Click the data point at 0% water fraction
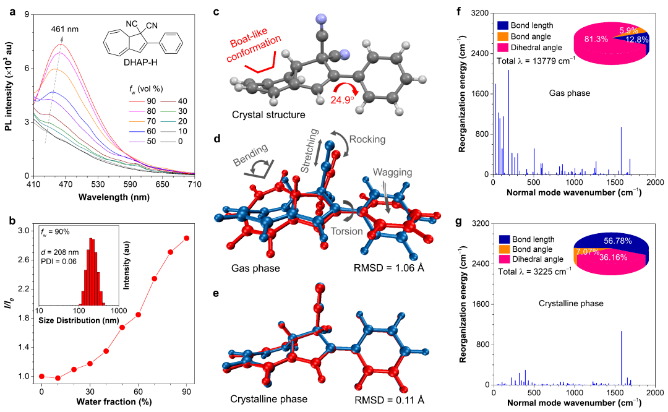pos(41,376)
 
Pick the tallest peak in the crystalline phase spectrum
pos(622,332)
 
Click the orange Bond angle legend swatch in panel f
pos(503,36)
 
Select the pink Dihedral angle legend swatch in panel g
pos(503,259)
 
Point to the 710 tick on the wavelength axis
pos(194,185)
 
